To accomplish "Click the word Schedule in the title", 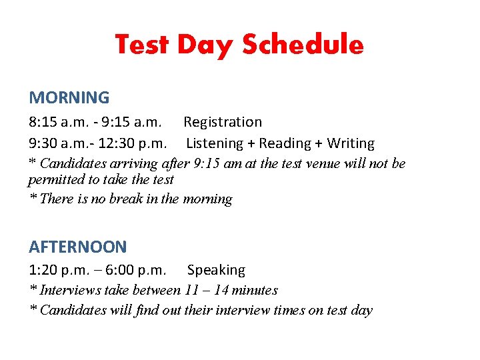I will (x=303, y=45).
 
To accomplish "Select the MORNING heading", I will (x=69, y=97).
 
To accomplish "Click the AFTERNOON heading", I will (x=77, y=247).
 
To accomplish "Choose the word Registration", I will (x=223, y=122).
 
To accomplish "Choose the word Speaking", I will (x=216, y=270).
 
